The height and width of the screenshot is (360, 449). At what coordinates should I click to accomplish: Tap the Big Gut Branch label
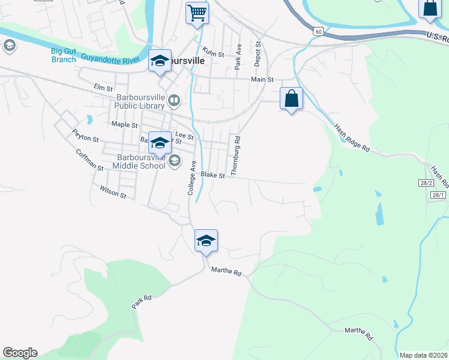(x=64, y=55)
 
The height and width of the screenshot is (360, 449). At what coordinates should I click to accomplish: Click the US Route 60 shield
(x=318, y=30)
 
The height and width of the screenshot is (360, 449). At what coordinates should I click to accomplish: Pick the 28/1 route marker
(x=439, y=195)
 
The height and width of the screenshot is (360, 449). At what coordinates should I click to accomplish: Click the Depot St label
(x=258, y=53)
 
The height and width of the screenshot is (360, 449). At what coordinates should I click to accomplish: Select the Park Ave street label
(x=238, y=56)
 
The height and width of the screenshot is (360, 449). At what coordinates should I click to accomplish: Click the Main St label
(x=262, y=79)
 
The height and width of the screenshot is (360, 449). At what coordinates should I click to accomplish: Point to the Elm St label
(x=100, y=88)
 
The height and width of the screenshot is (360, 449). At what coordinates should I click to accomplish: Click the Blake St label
(x=212, y=175)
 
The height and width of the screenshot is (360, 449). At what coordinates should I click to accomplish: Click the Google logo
(x=20, y=353)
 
